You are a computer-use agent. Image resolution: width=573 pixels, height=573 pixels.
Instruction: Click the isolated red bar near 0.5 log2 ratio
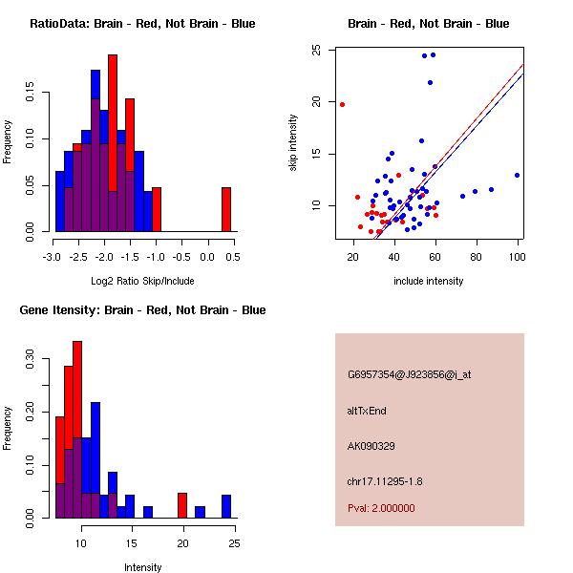(226, 209)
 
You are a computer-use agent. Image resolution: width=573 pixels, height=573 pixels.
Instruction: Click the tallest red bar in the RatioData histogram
(113, 124)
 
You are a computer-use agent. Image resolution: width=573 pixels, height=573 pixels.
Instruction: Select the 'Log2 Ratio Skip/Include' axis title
(143, 282)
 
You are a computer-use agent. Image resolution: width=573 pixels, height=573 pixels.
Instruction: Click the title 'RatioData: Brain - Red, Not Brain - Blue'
(142, 24)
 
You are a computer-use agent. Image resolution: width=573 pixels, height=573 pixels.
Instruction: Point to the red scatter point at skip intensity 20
(342, 104)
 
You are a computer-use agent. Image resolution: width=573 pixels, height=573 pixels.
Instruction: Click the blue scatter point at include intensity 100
(517, 175)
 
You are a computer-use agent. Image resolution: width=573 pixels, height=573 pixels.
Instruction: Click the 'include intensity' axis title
(429, 281)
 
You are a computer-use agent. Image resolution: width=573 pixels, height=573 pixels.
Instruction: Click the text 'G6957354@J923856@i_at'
(410, 374)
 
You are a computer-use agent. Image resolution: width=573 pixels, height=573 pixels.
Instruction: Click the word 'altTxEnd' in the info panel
(367, 411)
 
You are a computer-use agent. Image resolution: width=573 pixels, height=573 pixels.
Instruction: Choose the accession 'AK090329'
(372, 446)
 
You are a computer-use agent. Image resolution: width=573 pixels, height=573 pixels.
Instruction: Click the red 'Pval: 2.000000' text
(382, 508)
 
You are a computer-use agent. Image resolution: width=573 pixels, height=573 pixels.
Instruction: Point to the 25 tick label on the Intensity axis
(234, 543)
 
